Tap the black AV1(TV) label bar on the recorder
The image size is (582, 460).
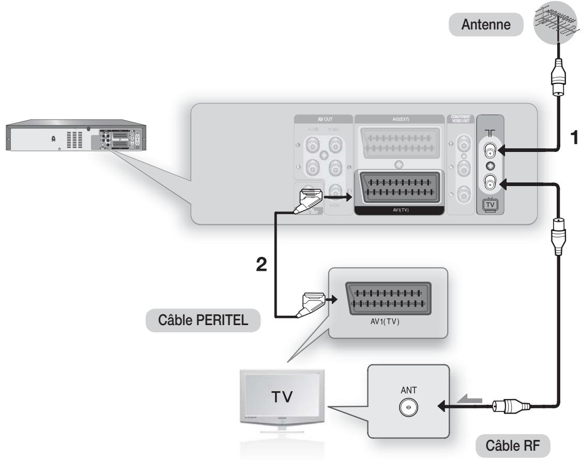(x=399, y=210)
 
